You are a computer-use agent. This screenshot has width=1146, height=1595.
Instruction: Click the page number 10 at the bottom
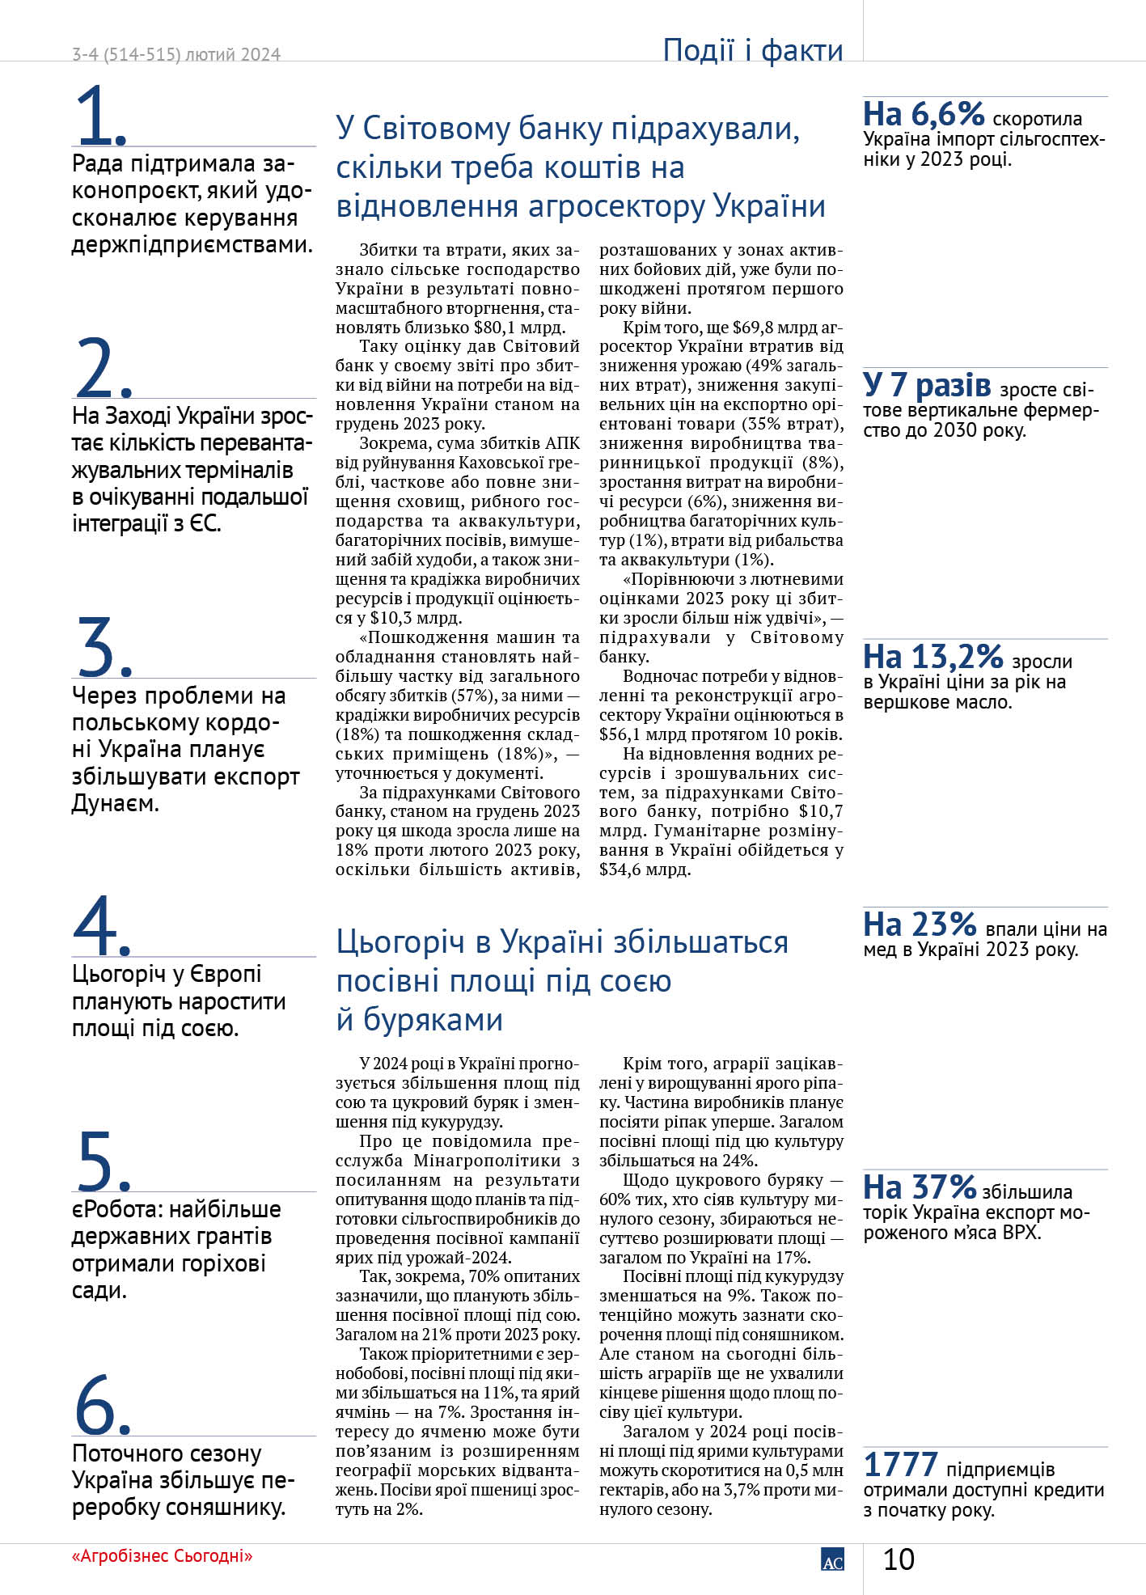point(899,1559)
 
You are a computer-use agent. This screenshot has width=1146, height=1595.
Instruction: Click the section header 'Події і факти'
point(752,50)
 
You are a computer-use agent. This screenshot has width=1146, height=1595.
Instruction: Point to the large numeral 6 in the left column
point(99,1405)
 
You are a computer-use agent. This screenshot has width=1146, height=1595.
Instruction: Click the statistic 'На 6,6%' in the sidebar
point(923,115)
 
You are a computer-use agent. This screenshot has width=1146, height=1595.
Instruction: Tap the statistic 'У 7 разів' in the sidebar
point(926,385)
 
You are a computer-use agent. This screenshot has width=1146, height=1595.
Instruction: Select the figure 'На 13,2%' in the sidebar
point(932,657)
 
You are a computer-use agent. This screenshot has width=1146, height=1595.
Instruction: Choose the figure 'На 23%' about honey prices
point(920,924)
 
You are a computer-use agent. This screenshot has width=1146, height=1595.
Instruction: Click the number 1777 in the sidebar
point(900,1465)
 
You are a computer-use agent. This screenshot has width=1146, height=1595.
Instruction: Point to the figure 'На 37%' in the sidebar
point(920,1187)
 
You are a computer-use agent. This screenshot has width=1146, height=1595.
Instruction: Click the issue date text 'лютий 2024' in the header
point(233,55)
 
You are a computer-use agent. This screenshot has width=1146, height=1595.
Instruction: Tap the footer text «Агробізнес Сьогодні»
point(162,1556)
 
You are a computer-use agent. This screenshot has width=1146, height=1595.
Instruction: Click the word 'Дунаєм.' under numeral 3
point(116,803)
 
